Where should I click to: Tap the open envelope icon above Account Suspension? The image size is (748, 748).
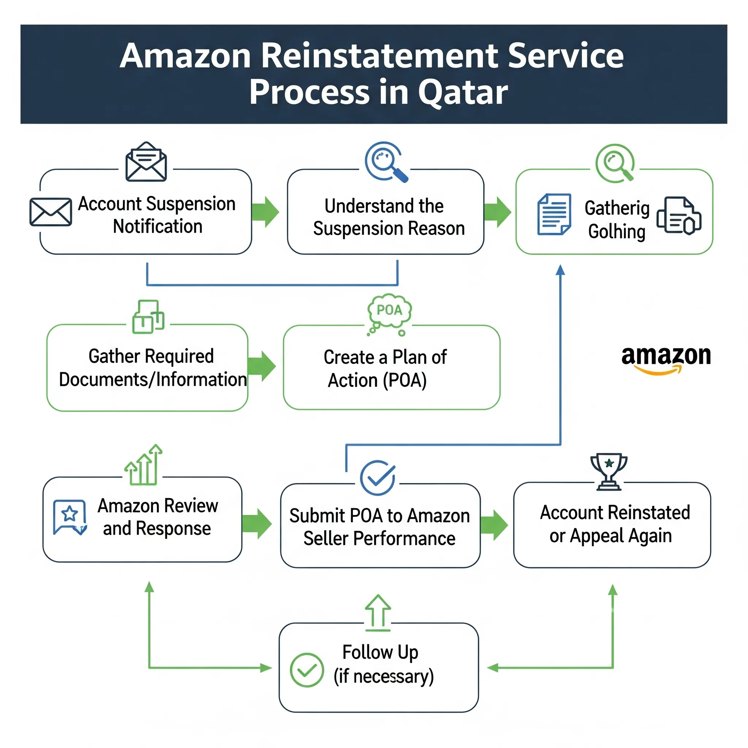[146, 162]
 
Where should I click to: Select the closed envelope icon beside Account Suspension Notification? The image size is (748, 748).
[51, 212]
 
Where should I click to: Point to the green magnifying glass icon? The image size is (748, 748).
[615, 163]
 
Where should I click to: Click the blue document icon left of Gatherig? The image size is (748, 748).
[554, 214]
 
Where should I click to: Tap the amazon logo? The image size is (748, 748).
[666, 359]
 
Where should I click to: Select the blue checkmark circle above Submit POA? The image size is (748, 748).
[378, 478]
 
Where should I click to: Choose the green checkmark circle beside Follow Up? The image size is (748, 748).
[307, 670]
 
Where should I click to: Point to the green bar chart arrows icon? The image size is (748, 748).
[144, 465]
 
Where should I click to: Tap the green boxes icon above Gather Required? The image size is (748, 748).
[148, 317]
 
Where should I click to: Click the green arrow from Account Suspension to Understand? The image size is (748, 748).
[265, 212]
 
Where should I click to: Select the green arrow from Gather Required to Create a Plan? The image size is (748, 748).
[262, 366]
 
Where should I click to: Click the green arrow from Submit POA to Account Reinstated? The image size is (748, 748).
[494, 525]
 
